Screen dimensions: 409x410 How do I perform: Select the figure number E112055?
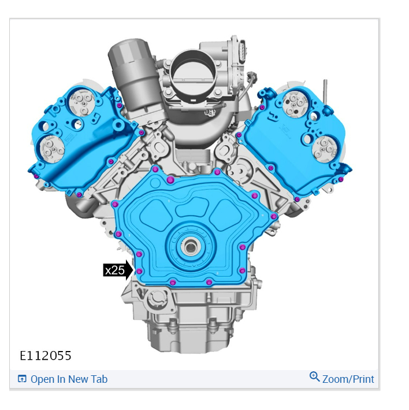pos(46,356)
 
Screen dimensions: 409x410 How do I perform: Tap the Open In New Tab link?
pos(69,379)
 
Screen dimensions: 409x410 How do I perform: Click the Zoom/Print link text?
pos(348,379)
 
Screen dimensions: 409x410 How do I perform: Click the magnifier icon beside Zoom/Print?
pos(314,376)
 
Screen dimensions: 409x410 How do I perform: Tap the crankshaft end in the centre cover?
pos(191,246)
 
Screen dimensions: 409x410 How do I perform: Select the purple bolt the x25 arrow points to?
pos(139,271)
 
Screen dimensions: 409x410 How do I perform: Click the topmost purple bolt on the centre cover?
pos(155,169)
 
